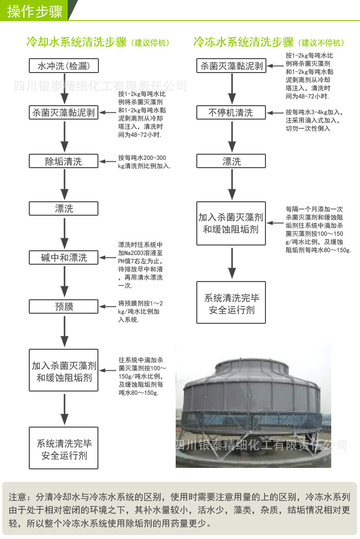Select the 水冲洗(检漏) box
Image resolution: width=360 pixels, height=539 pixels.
64,65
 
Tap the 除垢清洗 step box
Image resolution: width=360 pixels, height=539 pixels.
64,161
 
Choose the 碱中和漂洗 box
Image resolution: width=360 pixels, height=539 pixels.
64,257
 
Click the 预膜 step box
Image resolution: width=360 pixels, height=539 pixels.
64,306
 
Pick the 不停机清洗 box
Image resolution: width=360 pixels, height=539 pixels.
231,113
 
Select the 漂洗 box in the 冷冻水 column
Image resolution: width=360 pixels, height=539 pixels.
231,161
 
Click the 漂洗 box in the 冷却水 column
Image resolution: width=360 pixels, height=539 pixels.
64,208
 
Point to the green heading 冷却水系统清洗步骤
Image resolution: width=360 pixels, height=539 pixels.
77,42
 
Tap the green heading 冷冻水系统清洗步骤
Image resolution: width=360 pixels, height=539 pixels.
243,42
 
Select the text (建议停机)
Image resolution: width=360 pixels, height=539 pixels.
150,43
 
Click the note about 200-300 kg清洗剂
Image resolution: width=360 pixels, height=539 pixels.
144,161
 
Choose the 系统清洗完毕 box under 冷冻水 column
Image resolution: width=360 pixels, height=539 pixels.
231,304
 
